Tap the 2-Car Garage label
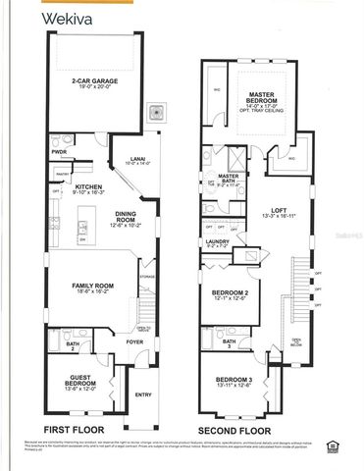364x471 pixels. pos(95,81)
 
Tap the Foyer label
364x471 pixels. pos(133,341)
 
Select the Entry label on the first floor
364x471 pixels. pos(143,395)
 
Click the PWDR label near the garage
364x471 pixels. pos(59,152)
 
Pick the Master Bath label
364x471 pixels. pos(228,179)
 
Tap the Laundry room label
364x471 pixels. pos(217,242)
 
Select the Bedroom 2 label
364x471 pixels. pos(232,293)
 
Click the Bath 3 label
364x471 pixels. pos(229,340)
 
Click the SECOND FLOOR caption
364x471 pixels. pos(235,430)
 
